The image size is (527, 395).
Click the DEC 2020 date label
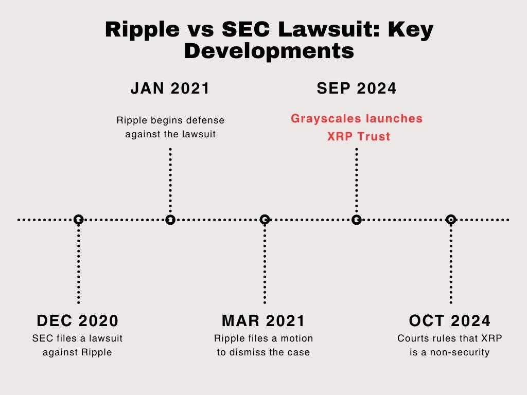78,321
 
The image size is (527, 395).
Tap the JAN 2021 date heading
170,88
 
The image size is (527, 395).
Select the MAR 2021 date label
263,321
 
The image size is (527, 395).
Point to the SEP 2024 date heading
357,88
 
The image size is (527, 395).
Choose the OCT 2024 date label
450,321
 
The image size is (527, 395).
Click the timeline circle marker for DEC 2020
78,220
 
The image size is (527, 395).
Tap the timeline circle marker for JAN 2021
170,220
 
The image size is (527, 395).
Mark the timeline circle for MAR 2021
265,220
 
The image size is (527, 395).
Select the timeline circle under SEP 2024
357,220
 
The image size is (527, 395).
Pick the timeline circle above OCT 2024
451,220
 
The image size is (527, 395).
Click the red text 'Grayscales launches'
357,119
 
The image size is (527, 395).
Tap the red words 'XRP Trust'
359,137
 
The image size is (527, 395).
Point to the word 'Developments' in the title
269,51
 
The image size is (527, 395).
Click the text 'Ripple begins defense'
170,120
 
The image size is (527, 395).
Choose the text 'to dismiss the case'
263,353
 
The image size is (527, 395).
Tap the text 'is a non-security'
450,353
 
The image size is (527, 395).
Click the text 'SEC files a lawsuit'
78,338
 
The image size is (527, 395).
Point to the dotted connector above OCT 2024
451,262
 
